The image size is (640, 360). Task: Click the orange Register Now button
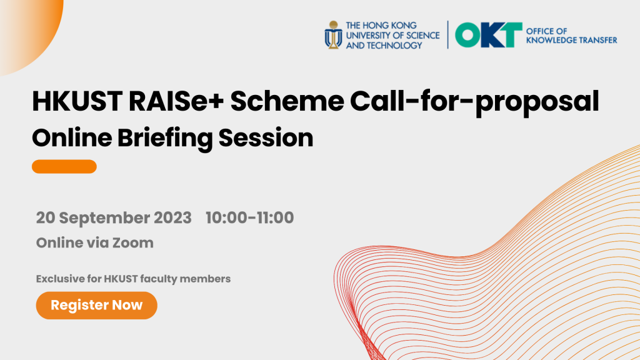(97, 305)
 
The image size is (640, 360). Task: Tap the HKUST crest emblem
(334, 35)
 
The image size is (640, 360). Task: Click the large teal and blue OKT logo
(489, 35)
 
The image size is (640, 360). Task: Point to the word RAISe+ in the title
(176, 101)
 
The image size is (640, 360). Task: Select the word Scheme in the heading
(287, 101)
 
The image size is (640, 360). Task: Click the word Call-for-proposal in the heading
(475, 102)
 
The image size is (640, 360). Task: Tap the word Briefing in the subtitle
(165, 138)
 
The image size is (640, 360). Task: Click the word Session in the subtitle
(266, 138)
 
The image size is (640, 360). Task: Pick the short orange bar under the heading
(64, 166)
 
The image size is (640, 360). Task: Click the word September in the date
(103, 218)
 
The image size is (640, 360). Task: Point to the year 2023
(172, 217)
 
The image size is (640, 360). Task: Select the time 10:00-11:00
(250, 217)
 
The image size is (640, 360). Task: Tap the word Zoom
(133, 243)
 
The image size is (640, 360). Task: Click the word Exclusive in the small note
(59, 279)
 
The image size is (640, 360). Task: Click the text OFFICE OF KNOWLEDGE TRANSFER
(571, 36)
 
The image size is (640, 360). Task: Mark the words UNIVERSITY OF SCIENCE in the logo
(392, 36)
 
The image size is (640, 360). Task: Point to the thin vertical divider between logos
(447, 35)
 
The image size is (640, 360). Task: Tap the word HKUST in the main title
(77, 101)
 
